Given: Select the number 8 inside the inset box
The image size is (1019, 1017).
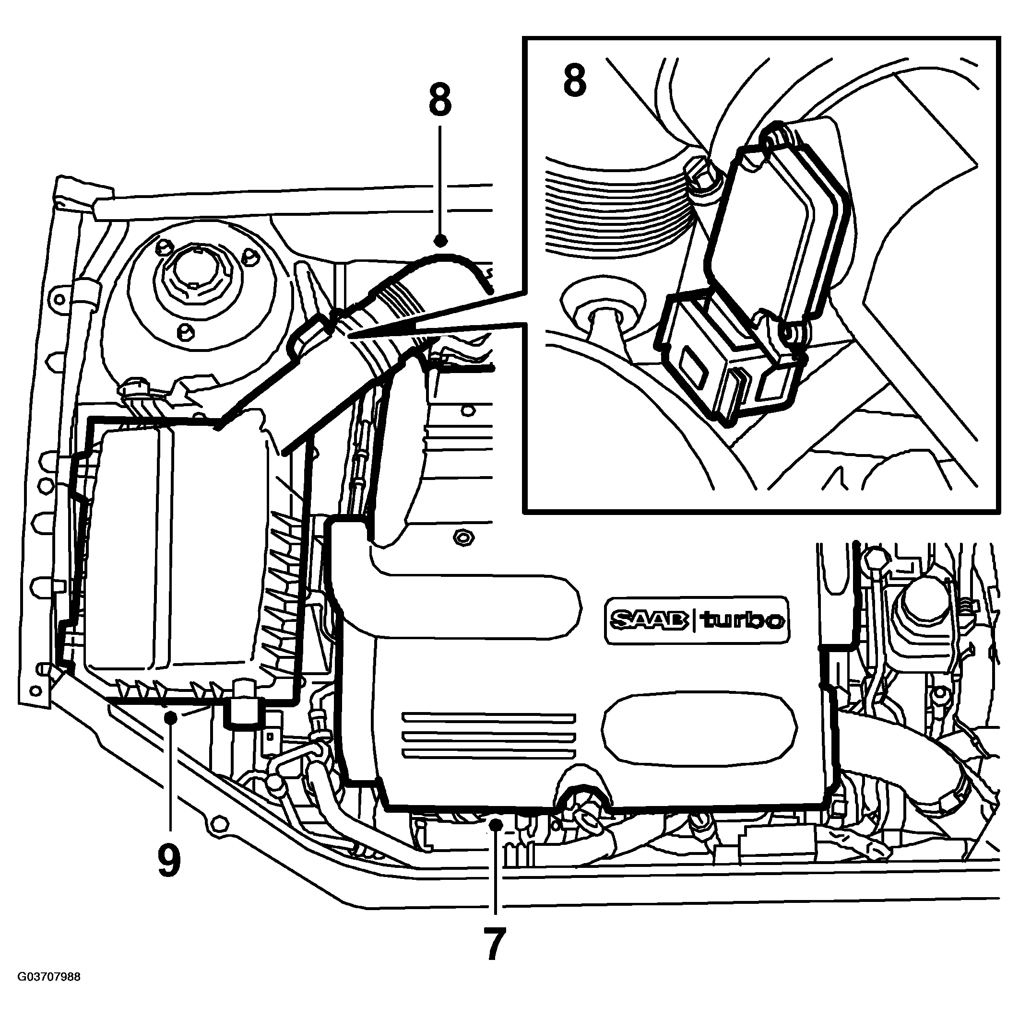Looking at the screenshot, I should coord(574,82).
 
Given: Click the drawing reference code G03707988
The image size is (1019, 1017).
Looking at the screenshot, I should coord(49,992).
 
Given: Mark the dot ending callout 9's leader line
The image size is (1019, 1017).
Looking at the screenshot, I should coord(170,716).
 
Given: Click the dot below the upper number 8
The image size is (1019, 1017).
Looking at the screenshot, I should coord(440,241).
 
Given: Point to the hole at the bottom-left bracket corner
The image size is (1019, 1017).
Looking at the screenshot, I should coord(36,690).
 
